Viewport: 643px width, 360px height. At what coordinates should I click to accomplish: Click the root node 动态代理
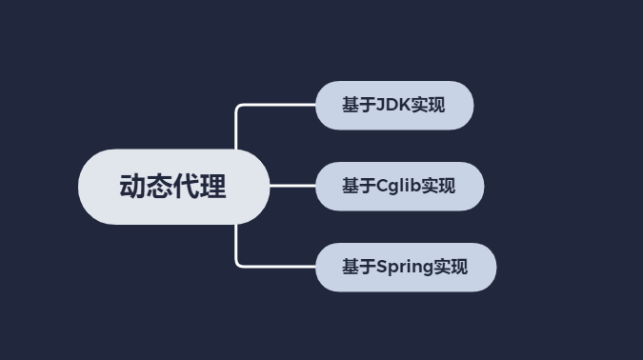tap(173, 187)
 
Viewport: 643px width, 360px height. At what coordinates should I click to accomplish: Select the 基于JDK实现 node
tap(394, 105)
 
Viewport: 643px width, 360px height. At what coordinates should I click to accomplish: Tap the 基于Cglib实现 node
tap(399, 186)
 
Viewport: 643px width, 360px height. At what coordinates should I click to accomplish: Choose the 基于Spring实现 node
tap(406, 267)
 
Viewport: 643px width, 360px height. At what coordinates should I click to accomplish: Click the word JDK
tap(393, 105)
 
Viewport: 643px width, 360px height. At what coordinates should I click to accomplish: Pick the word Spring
tap(405, 267)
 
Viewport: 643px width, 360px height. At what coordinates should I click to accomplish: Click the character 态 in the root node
tap(159, 187)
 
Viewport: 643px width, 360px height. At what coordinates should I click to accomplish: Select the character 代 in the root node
tap(187, 187)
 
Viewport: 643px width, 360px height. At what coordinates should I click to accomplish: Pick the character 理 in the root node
tap(213, 187)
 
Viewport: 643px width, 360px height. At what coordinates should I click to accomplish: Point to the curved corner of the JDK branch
tap(238, 108)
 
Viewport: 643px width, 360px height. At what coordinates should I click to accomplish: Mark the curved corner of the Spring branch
tap(238, 264)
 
